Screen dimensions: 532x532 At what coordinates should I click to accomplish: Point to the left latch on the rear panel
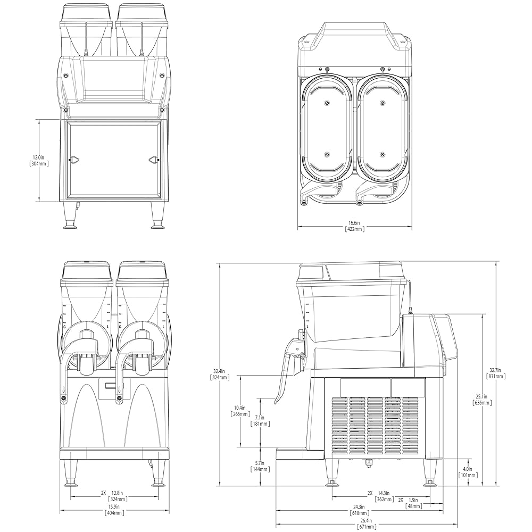(x=74, y=159)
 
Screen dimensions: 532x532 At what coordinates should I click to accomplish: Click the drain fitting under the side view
(x=369, y=463)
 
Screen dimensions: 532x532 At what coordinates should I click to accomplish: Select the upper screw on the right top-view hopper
(x=383, y=103)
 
